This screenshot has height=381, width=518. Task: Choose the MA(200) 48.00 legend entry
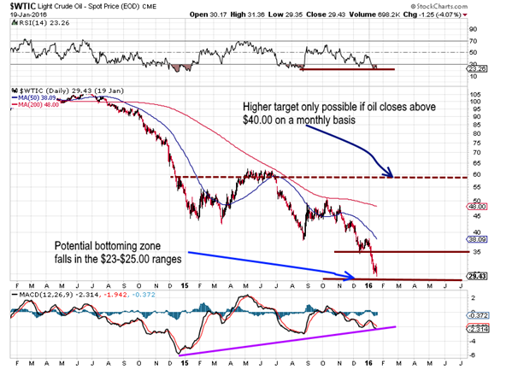pos(35,105)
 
